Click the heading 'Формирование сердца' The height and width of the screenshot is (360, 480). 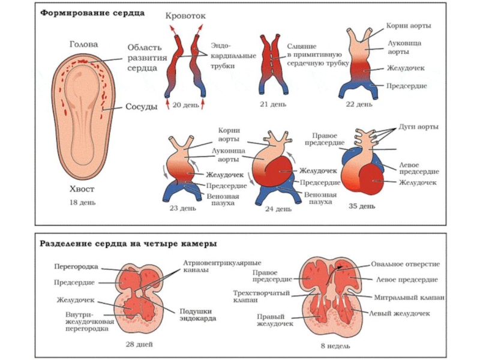pos(92,13)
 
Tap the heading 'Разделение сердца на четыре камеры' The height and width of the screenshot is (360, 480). pos(128,244)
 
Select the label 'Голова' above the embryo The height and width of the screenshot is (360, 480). pos(83,44)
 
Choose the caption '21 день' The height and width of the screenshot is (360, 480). pos(274,104)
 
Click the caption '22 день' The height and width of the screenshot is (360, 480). pos(359,104)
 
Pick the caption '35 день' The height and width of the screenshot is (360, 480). pos(362,206)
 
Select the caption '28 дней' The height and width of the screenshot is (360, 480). pos(139,344)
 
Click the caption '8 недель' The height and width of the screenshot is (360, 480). pos(335,346)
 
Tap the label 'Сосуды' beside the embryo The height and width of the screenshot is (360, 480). pos(141,107)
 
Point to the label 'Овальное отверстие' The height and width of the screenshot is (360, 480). pos(406,264)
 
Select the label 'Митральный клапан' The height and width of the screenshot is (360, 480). pos(409,297)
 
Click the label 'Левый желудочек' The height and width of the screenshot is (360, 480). pos(399,313)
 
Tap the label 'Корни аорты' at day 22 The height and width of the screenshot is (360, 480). pos(409,26)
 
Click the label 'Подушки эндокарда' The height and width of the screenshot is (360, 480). pos(197,314)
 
